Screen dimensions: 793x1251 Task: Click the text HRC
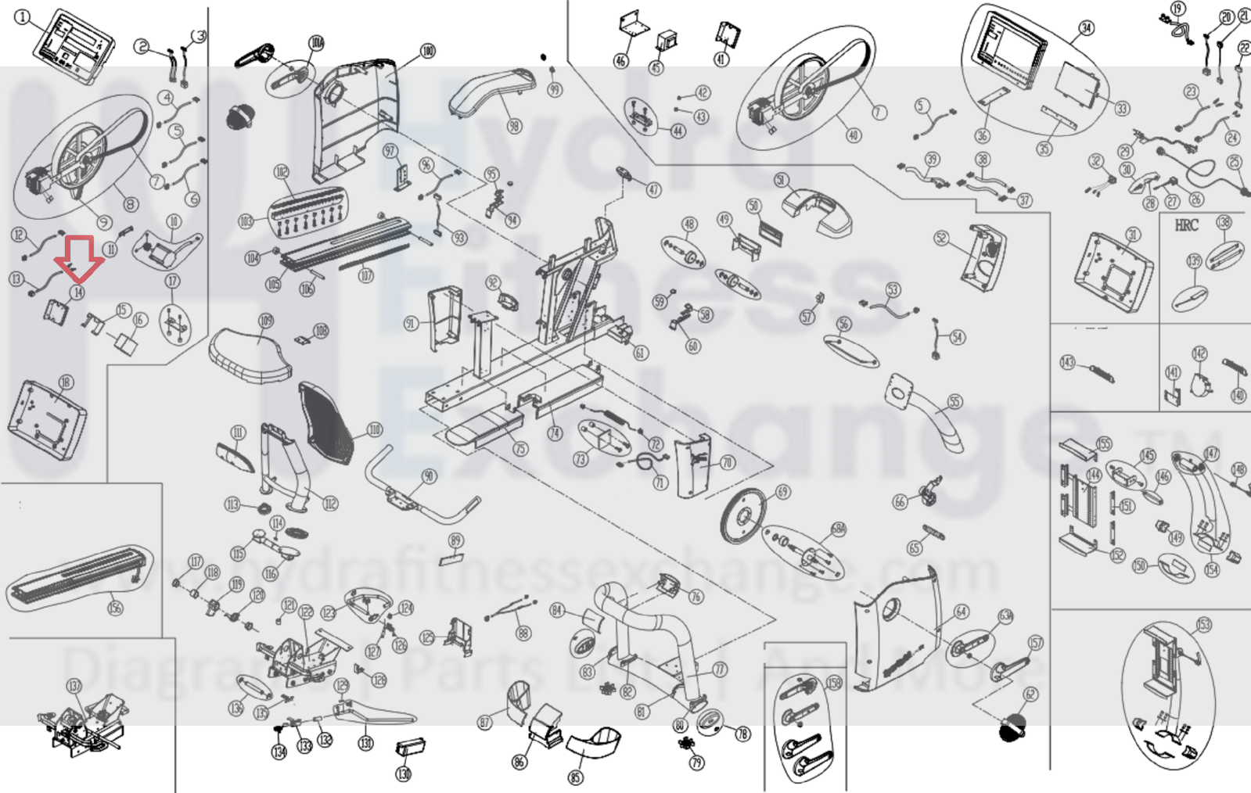point(1186,225)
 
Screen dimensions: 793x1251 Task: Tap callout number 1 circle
point(23,17)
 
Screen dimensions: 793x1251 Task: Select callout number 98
point(513,126)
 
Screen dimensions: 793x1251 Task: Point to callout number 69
point(782,492)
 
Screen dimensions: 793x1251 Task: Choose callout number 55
point(954,402)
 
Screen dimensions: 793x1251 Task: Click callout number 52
point(941,238)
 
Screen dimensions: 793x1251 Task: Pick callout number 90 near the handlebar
point(429,476)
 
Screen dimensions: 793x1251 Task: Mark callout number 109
point(266,321)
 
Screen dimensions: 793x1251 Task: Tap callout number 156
point(115,607)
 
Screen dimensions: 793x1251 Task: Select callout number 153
point(1203,624)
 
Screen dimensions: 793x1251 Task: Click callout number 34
point(1086,28)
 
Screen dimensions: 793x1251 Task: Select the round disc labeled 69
point(744,515)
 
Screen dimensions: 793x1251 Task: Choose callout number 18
point(66,382)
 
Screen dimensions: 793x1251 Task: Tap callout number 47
point(653,189)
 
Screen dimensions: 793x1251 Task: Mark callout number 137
point(74,686)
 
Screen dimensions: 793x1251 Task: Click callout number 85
point(576,777)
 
